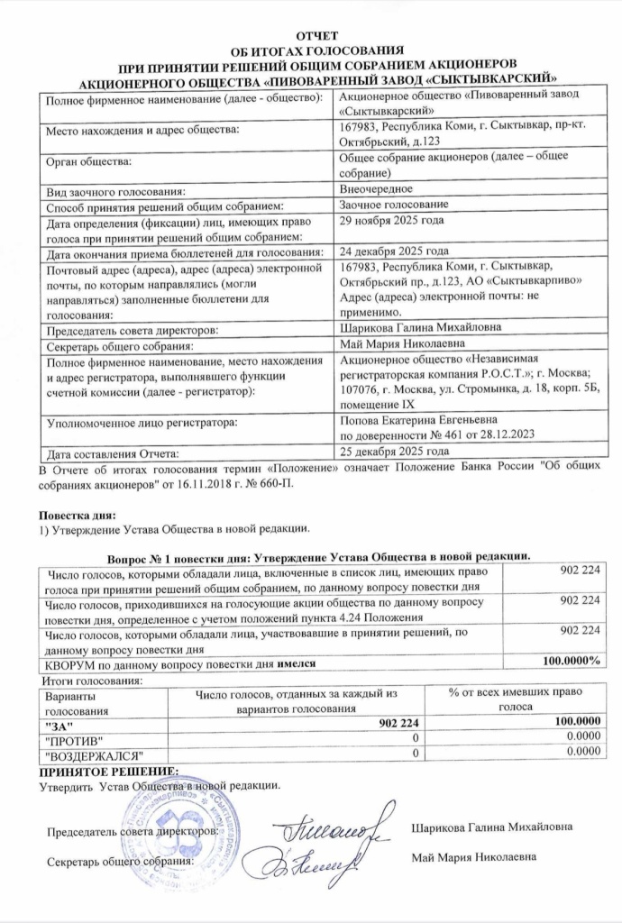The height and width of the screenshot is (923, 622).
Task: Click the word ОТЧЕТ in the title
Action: (x=310, y=35)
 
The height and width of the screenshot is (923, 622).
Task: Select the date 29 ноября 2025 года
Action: (x=391, y=220)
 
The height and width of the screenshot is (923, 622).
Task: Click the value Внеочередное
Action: (x=376, y=189)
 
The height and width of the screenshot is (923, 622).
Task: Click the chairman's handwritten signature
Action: (x=334, y=822)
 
